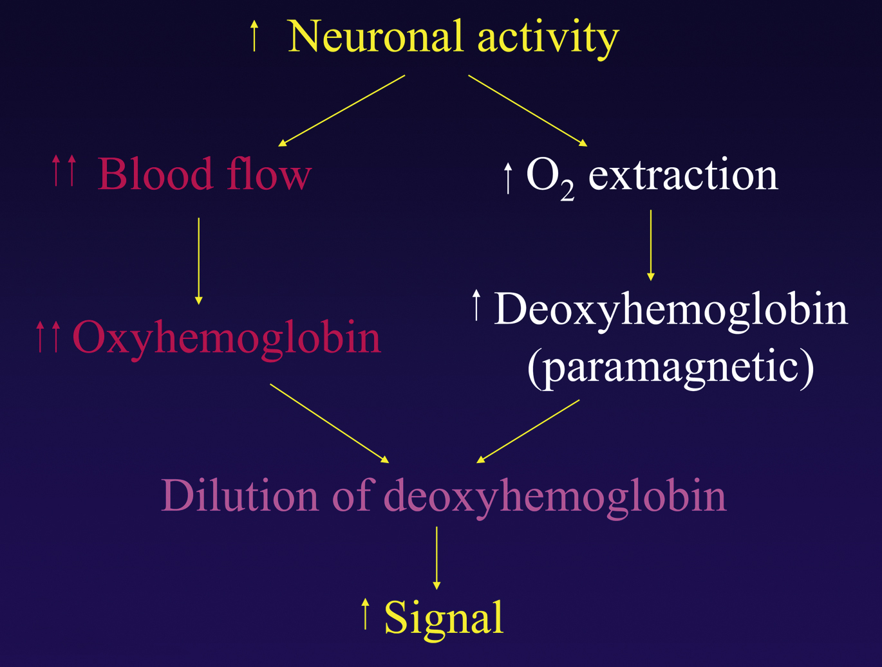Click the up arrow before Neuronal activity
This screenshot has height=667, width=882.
pos(254,36)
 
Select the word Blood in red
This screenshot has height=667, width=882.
pos(155,174)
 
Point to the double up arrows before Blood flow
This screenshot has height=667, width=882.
pos(64,170)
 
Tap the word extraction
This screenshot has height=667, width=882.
pos(683,175)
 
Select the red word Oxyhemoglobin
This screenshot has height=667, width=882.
pos(227,337)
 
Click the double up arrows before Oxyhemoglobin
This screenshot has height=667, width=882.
pos(48,336)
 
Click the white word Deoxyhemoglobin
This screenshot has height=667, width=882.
pos(671,309)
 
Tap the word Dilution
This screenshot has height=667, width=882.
pos(239,496)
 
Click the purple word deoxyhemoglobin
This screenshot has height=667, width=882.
pos(555,497)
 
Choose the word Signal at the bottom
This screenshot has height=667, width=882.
pos(444,617)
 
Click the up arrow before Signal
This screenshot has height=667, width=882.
pos(365,614)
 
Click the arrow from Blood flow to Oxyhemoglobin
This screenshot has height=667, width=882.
pos(198,260)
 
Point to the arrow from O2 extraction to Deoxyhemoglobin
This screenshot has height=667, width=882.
pos(650,245)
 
